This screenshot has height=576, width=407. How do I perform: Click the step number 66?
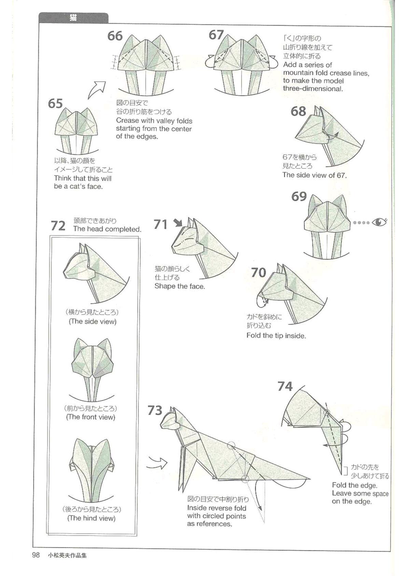[x=115, y=36]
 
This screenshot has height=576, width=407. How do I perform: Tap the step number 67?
[x=216, y=35]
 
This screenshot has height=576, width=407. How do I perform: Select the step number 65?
[x=55, y=104]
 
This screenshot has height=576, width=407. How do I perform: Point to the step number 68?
[x=298, y=111]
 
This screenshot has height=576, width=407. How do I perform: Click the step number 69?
[x=299, y=197]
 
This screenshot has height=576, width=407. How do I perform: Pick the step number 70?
[x=258, y=272]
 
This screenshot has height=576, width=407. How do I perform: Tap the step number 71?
[x=160, y=224]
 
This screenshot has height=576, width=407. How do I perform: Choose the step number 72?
[x=58, y=226]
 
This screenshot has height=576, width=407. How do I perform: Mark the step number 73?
[x=155, y=410]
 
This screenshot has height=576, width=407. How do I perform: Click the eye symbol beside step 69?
[x=379, y=222]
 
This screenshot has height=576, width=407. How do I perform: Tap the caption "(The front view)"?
[x=91, y=417]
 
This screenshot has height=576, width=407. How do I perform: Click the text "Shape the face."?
[x=180, y=286]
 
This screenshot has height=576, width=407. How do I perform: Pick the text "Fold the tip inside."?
[x=276, y=336]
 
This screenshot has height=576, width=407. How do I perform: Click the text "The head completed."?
[x=107, y=229]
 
